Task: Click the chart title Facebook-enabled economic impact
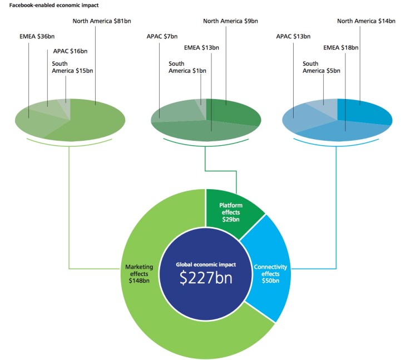54,5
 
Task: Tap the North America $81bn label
102,21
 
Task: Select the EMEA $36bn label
37,37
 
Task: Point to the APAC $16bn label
70,51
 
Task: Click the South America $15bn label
72,67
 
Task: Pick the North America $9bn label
230,21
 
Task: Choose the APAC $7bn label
162,37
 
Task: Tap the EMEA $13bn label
201,48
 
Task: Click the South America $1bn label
187,67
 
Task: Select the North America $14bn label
366,21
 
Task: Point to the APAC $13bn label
293,37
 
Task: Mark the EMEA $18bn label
341,48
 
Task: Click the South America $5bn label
321,67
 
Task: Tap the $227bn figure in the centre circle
206,278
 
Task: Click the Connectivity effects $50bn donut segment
269,269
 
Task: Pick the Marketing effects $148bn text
139,274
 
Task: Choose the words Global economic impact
206,265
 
